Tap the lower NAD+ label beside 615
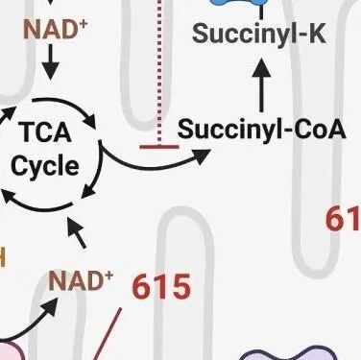click(81, 282)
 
